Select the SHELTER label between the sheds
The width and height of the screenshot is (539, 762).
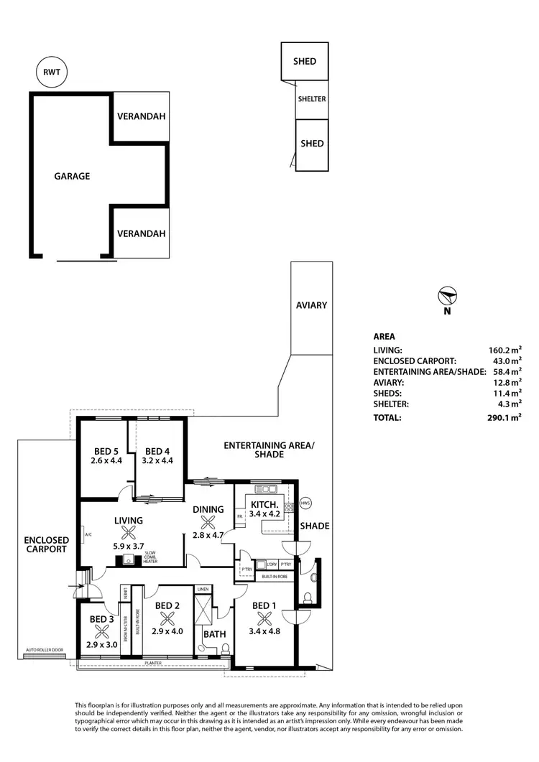[312, 99]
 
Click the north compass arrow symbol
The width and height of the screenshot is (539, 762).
[447, 295]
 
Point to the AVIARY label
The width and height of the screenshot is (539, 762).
[311, 305]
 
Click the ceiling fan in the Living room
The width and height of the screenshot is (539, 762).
[129, 533]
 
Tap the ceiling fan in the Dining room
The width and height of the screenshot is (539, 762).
[208, 522]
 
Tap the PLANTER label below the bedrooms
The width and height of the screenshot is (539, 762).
[152, 664]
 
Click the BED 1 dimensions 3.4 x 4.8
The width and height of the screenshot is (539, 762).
[263, 631]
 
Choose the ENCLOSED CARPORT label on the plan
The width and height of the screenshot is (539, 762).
[46, 544]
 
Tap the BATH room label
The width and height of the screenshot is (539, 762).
[214, 634]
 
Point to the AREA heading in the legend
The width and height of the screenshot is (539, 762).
[384, 335]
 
